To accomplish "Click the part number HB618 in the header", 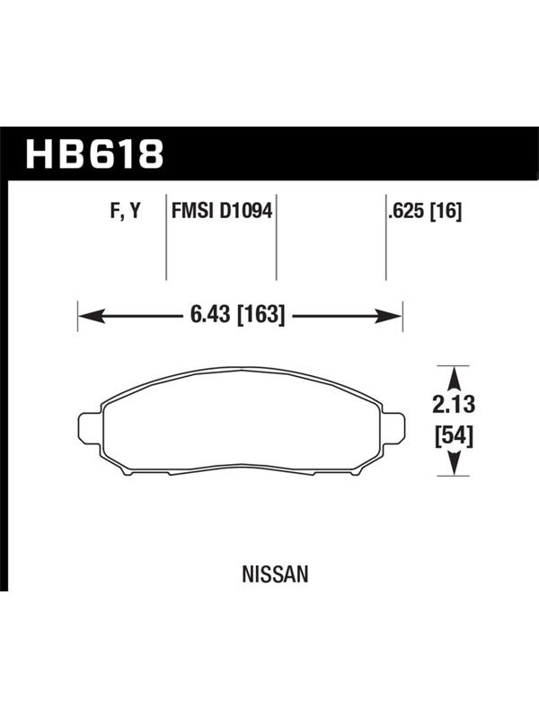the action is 94,153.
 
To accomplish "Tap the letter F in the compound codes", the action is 116,212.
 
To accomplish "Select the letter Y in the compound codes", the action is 135,211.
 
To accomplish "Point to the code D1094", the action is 246,211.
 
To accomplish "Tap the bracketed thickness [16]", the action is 446,211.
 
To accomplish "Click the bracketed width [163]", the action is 261,315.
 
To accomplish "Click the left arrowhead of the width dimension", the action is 91,316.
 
